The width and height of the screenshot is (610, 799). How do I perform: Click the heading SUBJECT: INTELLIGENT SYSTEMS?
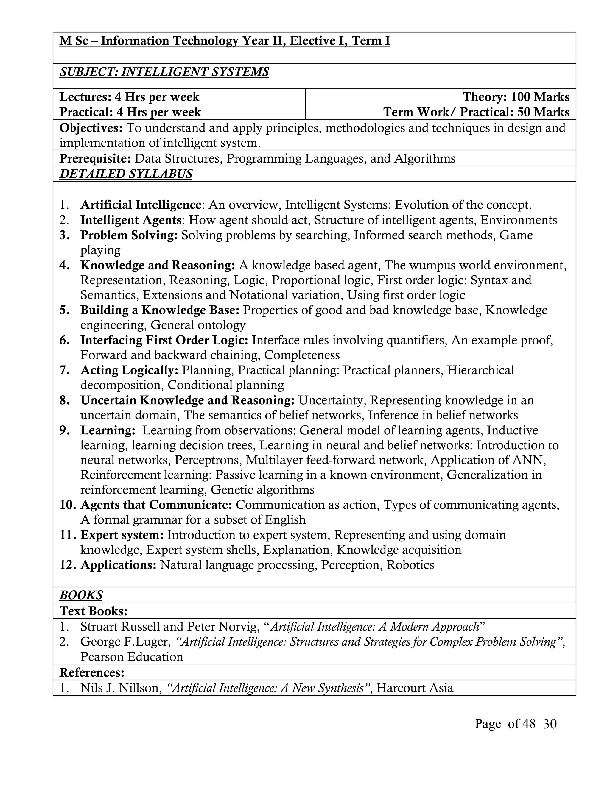point(164,72)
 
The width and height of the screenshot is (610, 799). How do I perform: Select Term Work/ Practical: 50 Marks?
point(476,112)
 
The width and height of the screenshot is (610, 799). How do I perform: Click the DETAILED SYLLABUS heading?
point(126,174)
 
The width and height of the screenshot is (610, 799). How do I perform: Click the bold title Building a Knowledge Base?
point(160,310)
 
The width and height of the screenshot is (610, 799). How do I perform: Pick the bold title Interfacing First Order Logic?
point(164,340)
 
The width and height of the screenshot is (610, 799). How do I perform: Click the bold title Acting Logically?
point(129,370)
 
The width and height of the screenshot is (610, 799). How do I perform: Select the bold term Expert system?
point(122,535)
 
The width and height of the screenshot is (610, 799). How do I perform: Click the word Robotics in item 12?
point(410,565)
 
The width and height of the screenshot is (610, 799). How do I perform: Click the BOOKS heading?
point(81,595)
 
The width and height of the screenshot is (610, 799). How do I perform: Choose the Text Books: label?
point(93,611)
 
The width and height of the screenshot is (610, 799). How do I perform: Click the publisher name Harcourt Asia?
point(415,688)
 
